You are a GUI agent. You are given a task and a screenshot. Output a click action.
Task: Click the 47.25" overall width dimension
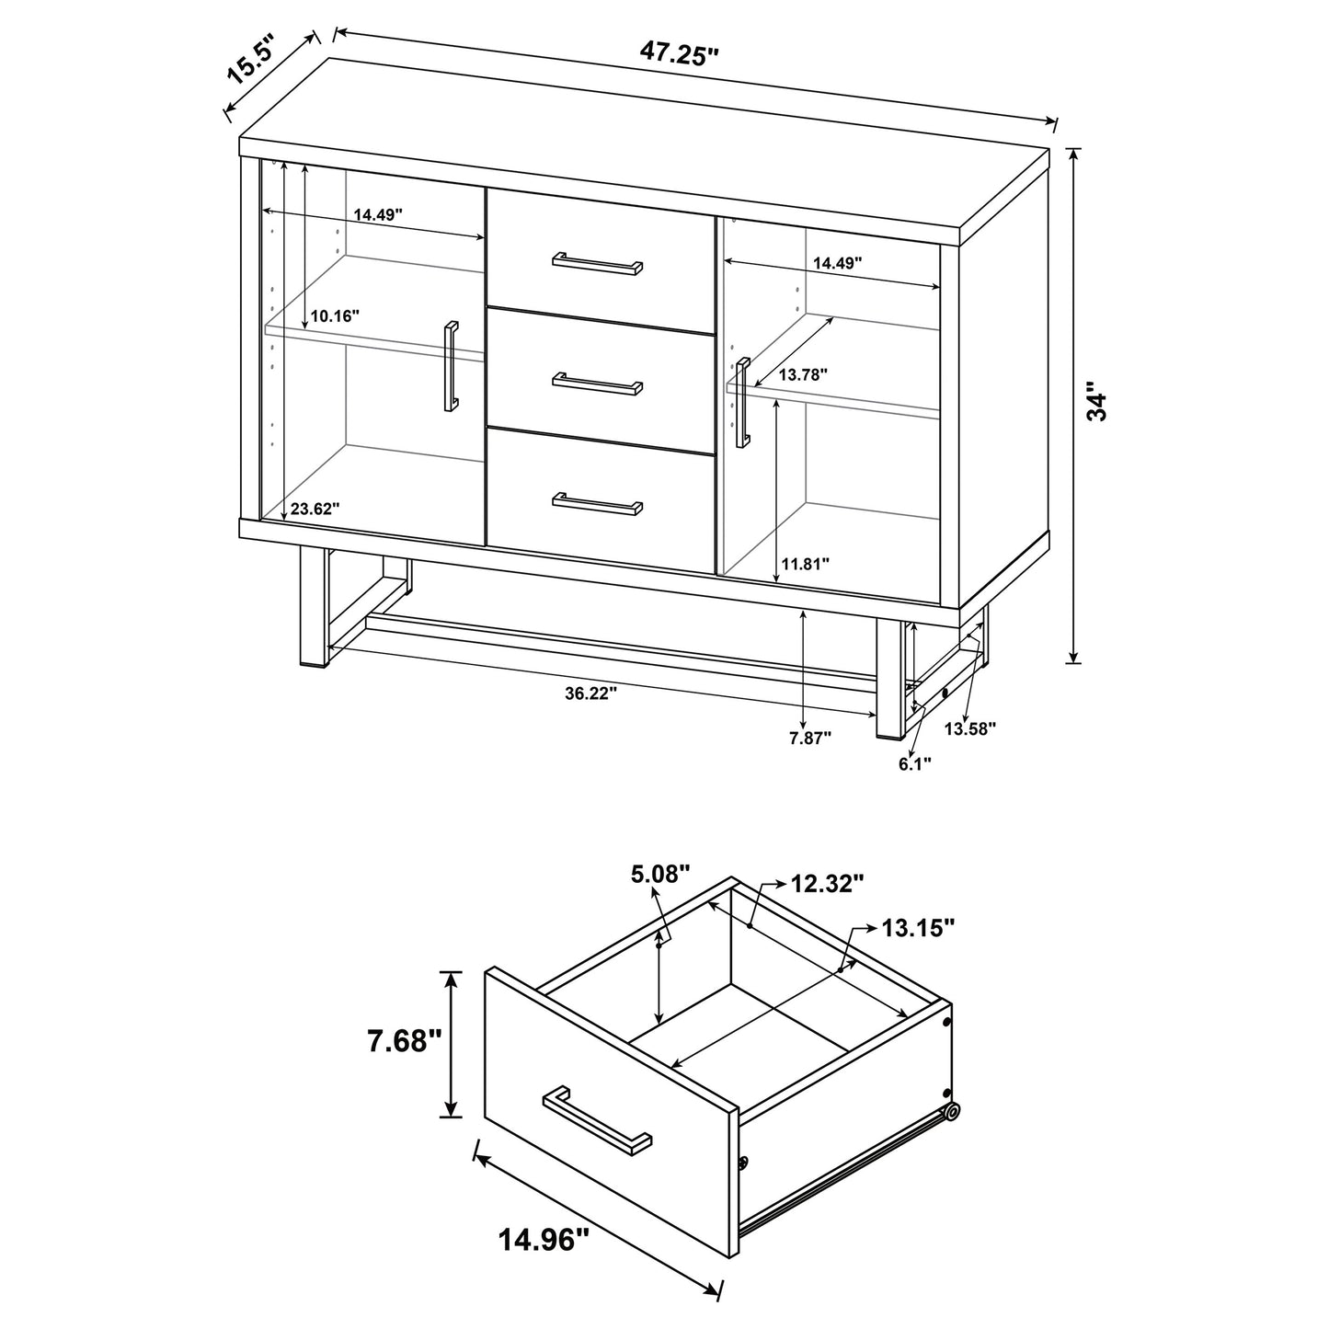679,54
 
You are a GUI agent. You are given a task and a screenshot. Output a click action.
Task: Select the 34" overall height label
1097,401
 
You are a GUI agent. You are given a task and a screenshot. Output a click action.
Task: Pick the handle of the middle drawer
598,382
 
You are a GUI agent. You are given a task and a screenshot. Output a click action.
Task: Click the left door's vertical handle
451,367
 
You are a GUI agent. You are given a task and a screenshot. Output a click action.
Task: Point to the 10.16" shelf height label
335,315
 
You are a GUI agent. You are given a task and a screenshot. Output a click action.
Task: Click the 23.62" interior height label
315,508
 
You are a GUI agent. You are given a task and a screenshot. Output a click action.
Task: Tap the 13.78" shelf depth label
804,374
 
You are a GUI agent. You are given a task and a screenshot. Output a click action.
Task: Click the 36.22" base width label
590,693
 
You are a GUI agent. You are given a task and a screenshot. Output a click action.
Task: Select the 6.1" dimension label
915,762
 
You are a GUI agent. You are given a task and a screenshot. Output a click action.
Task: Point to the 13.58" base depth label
971,728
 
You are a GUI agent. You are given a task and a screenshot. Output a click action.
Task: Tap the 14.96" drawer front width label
544,1241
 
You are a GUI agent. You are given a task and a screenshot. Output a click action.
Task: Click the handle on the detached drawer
598,1120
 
